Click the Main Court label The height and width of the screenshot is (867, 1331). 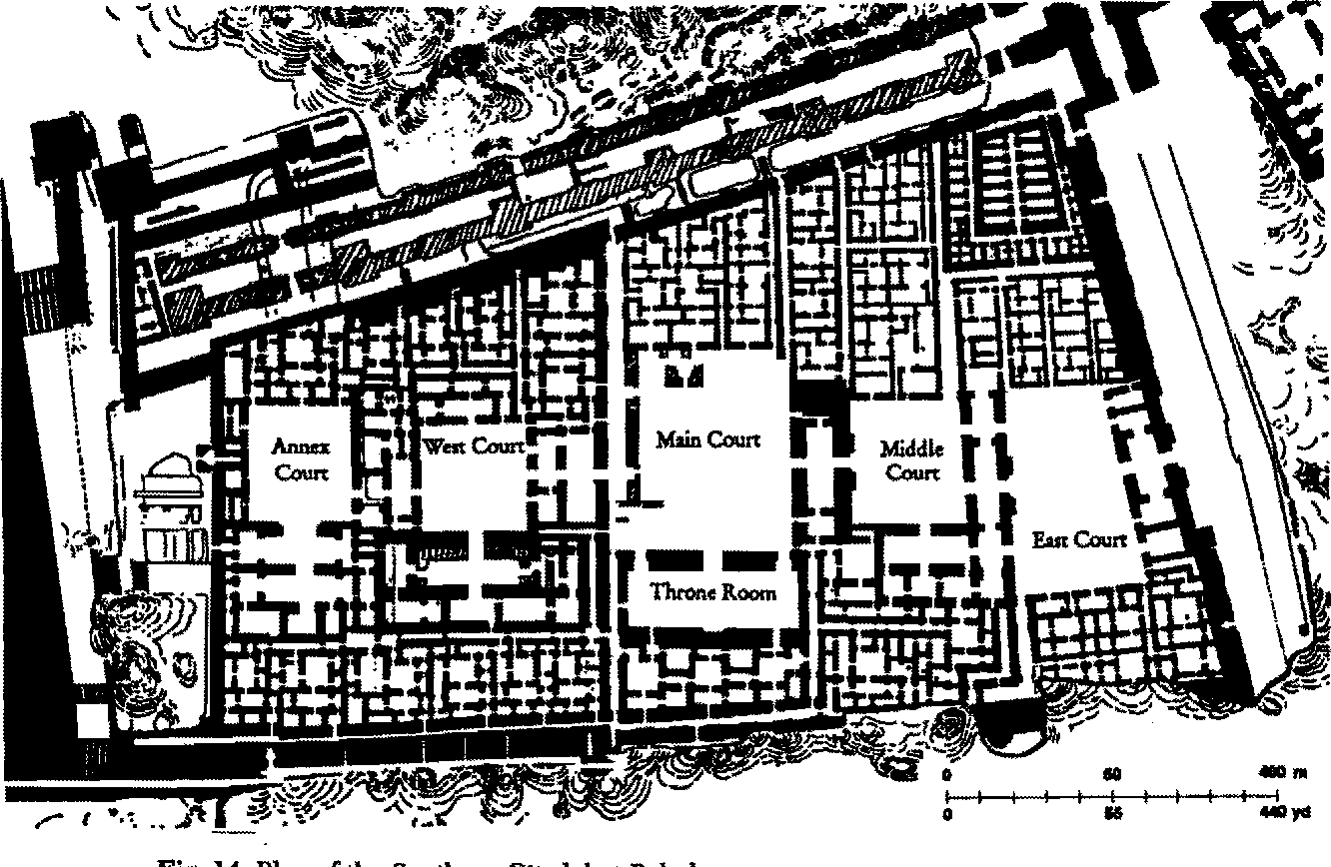point(708,439)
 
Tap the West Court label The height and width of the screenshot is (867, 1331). point(474,445)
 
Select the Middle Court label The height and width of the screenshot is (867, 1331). point(911,460)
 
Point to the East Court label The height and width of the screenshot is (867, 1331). point(1079,539)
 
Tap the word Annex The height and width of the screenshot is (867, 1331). point(300,448)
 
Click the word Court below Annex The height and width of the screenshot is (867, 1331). point(302,472)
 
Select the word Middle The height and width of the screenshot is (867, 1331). point(911,448)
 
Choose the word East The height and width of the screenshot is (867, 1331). point(1052,539)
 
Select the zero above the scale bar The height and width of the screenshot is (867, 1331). point(947,776)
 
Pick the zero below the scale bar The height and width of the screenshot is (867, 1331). point(947,813)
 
